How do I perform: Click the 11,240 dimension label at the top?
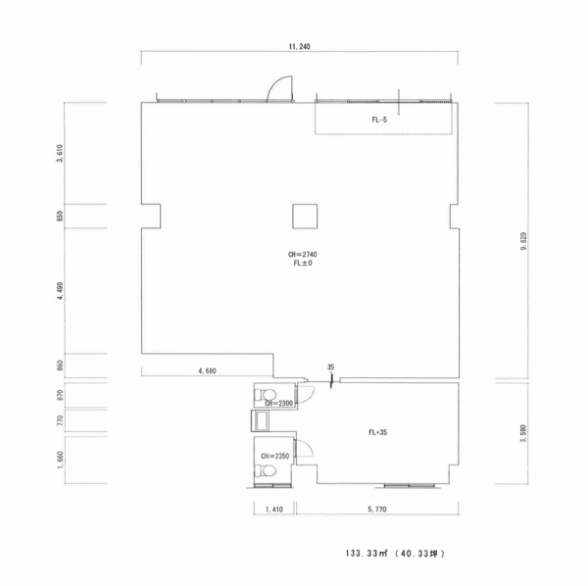(x=299, y=47)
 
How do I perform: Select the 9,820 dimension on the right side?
(x=524, y=242)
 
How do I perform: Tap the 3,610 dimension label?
(x=60, y=153)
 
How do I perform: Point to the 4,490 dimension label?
(x=60, y=291)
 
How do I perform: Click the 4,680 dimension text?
(x=208, y=370)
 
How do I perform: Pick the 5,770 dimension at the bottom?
(x=377, y=510)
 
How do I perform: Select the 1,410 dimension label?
(x=274, y=510)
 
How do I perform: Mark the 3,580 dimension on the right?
(x=524, y=433)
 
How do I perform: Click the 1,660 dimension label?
(x=60, y=460)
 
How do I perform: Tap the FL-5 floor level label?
(x=379, y=120)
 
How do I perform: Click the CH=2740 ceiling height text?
(x=302, y=254)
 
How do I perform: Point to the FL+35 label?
(x=377, y=432)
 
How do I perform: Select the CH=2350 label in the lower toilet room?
(x=274, y=457)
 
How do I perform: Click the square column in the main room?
(x=305, y=216)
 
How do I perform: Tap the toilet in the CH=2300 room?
(x=266, y=395)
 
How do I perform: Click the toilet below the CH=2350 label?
(x=266, y=471)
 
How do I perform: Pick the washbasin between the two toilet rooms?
(x=260, y=420)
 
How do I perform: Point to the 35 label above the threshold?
(x=330, y=367)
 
